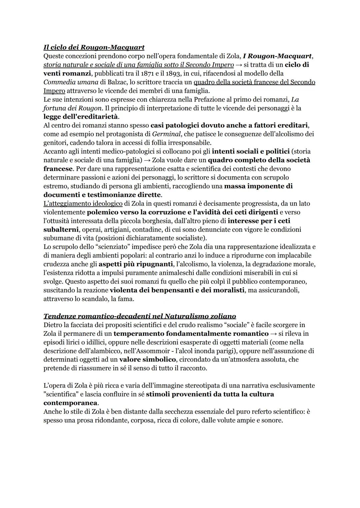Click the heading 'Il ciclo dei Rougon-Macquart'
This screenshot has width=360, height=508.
(x=94, y=47)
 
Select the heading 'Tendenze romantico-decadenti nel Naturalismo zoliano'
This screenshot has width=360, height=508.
(x=139, y=316)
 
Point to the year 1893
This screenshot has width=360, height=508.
(x=173, y=73)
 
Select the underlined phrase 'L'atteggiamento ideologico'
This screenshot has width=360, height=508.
(x=83, y=203)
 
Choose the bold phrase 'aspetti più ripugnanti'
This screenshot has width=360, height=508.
(x=136, y=264)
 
